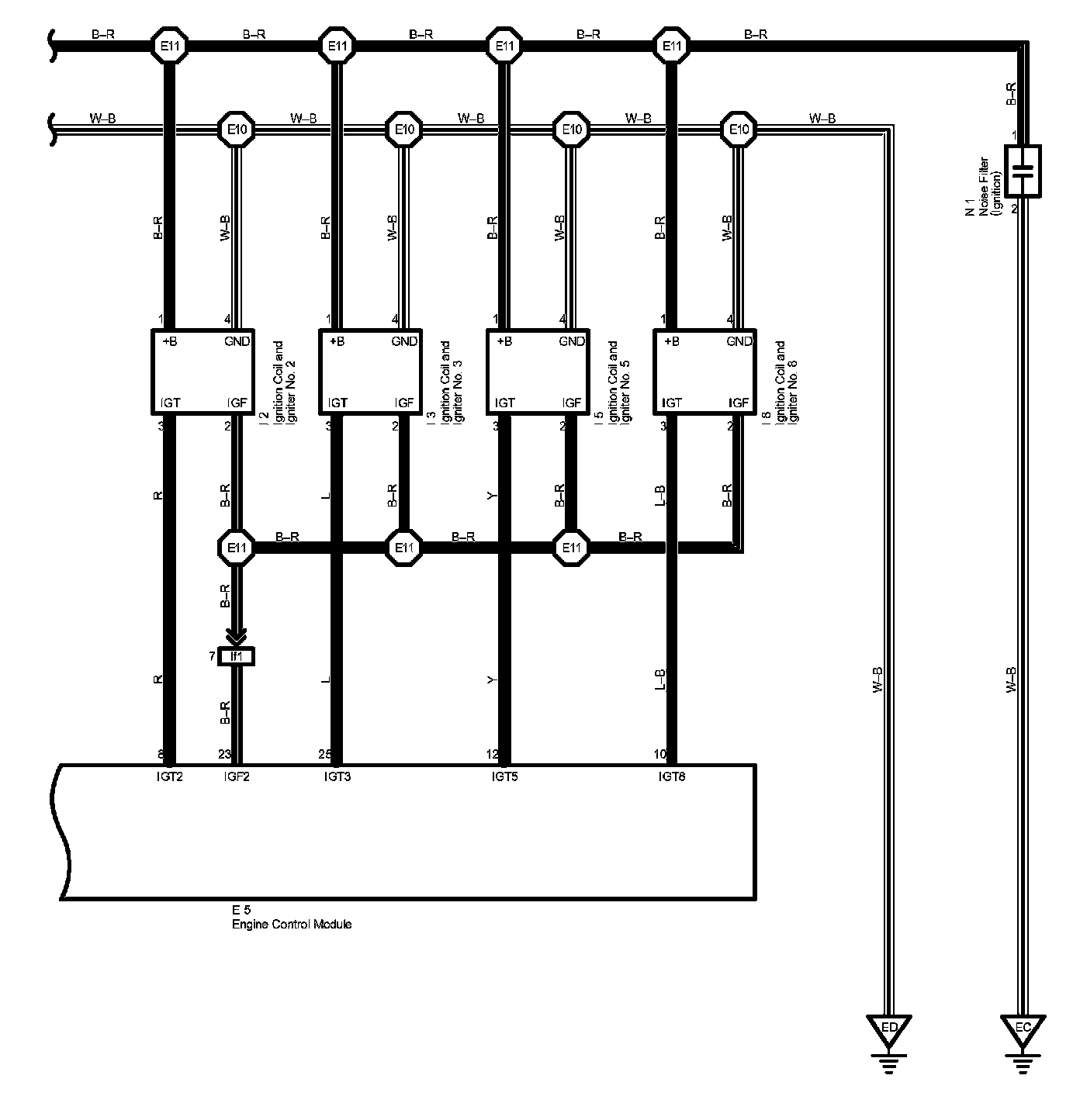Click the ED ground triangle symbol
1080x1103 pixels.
pyautogui.click(x=889, y=1029)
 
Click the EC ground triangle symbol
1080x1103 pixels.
pyautogui.click(x=1023, y=1029)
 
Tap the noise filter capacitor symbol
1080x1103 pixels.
pyautogui.click(x=1023, y=171)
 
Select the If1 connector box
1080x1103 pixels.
pyautogui.click(x=237, y=657)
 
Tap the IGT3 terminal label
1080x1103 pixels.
pyautogui.click(x=337, y=775)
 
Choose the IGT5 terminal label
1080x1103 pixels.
pyautogui.click(x=504, y=775)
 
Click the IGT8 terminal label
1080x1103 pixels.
pyautogui.click(x=671, y=775)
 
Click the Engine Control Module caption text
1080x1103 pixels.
pyautogui.click(x=292, y=924)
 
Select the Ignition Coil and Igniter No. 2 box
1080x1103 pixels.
pyautogui.click(x=202, y=371)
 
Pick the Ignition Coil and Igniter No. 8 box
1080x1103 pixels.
pyautogui.click(x=704, y=371)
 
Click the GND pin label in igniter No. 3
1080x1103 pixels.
pyautogui.click(x=404, y=341)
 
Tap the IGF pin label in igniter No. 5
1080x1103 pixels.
pyautogui.click(x=572, y=403)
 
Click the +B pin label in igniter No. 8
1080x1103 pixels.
pyautogui.click(x=671, y=341)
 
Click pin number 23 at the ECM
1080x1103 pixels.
pyautogui.click(x=224, y=753)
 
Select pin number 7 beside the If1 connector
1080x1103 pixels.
pyautogui.click(x=212, y=656)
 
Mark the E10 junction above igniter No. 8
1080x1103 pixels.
pyautogui.click(x=739, y=130)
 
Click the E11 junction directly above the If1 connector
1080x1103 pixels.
pyautogui.click(x=237, y=548)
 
